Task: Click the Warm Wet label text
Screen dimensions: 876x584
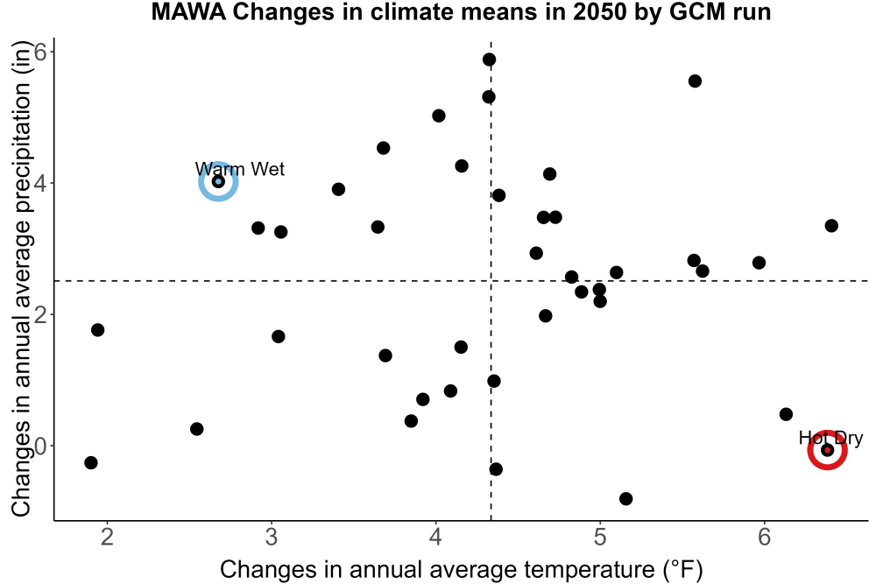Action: coord(240,169)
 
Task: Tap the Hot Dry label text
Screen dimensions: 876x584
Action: coord(830,439)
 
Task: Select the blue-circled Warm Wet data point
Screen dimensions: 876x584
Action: coord(218,181)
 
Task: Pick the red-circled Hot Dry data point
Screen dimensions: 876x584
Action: coord(828,450)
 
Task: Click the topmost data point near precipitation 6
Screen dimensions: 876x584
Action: coord(490,60)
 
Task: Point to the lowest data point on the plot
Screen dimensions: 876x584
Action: coord(626,498)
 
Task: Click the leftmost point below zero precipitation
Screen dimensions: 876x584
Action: coord(91,462)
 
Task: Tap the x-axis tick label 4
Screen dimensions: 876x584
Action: coord(435,537)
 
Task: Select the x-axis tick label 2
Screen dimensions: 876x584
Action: coord(107,537)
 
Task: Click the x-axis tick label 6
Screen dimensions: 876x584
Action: coord(764,537)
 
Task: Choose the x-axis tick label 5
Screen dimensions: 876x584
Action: coord(600,537)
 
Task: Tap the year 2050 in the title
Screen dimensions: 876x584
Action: coord(600,12)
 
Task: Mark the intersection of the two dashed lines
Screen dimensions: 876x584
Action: coord(491,281)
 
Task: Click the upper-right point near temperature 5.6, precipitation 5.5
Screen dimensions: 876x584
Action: coord(695,81)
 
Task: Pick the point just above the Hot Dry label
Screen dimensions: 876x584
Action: coord(786,414)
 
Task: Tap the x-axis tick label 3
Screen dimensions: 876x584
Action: coord(272,537)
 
